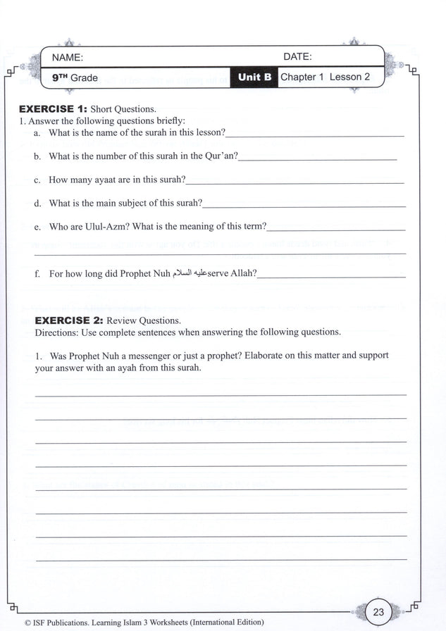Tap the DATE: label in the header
[297, 57]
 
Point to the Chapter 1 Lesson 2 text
[325, 77]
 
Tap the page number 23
[378, 612]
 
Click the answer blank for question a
[315, 134]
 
